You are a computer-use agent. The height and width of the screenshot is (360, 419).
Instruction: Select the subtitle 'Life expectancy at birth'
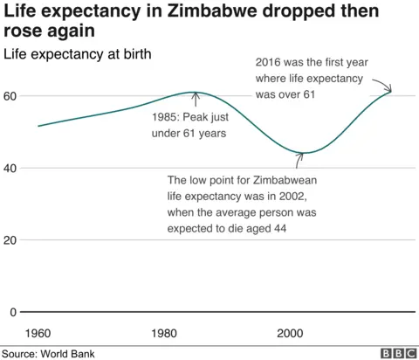[x=78, y=54]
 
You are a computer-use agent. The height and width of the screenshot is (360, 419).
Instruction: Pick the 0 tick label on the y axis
[x=13, y=312]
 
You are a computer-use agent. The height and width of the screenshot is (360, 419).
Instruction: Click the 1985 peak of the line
[x=196, y=93]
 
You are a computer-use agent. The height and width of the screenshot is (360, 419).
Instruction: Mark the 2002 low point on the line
[x=302, y=154]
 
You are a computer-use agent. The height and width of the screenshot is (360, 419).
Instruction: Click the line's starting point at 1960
[x=38, y=126]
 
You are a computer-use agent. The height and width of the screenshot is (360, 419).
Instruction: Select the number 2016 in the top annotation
[x=271, y=63]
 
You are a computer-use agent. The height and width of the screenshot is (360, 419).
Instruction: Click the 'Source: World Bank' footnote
[x=48, y=353]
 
